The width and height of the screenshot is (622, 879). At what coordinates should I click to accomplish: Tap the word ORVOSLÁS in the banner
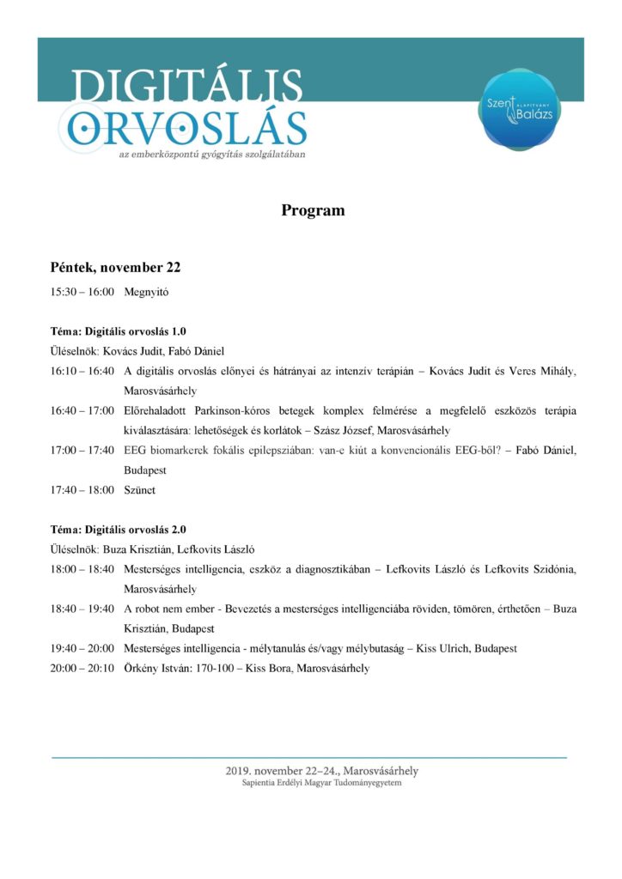187,129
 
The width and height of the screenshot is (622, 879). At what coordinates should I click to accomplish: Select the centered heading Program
313,210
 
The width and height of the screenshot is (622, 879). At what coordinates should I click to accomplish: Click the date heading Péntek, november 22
115,268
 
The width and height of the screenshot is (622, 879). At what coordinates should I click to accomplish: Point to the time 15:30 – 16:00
82,292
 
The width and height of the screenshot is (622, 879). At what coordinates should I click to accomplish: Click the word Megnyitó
146,292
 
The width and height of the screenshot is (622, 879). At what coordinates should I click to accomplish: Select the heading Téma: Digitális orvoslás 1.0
118,330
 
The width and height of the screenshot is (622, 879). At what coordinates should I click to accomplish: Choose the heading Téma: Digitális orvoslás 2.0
118,529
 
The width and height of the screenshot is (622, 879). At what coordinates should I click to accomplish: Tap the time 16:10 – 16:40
82,371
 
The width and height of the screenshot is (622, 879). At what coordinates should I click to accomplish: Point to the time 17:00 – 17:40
82,451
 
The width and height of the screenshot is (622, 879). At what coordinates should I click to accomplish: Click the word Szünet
142,490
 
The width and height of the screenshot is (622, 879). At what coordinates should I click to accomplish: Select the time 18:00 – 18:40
82,569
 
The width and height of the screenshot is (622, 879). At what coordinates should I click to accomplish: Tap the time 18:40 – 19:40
82,609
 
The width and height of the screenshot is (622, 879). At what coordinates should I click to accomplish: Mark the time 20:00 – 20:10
82,668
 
